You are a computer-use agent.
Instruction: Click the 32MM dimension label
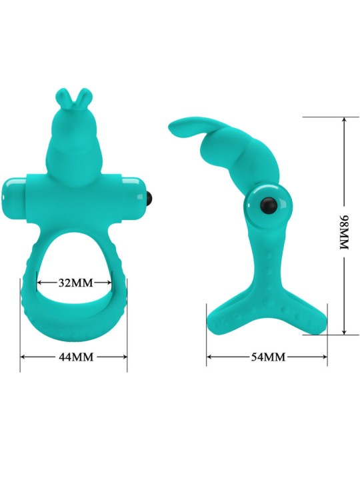[74, 282]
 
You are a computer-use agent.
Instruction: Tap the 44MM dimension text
[74, 357]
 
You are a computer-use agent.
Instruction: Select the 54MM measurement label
[267, 357]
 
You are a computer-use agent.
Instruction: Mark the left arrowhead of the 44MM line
[23, 357]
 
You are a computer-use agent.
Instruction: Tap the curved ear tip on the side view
[171, 127]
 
